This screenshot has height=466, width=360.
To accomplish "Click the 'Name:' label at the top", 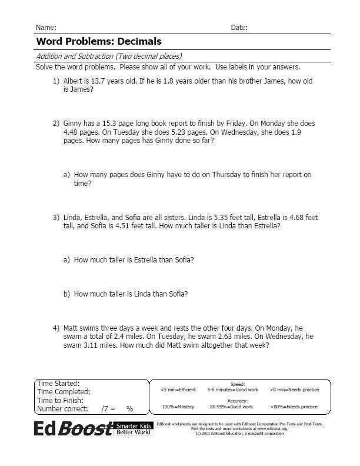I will tap(46, 28).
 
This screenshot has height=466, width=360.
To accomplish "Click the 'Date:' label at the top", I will tap(239, 28).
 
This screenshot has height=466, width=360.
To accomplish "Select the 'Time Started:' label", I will tap(58, 384).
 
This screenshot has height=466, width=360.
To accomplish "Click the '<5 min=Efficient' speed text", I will tap(178, 390).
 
